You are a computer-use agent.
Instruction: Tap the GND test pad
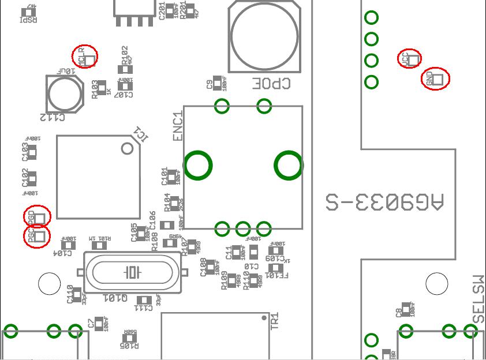(436, 78)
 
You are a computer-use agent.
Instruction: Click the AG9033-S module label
(384, 202)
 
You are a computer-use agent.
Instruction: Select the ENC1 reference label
(178, 126)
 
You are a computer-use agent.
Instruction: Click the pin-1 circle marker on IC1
(128, 149)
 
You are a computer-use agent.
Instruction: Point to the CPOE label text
(270, 84)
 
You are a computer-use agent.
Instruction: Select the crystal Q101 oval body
(133, 272)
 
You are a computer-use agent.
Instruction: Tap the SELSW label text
(478, 299)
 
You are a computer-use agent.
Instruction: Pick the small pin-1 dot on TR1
(264, 317)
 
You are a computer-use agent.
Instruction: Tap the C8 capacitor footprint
(408, 309)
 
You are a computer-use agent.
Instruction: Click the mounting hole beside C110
(49, 283)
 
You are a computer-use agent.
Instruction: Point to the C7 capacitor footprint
(100, 323)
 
